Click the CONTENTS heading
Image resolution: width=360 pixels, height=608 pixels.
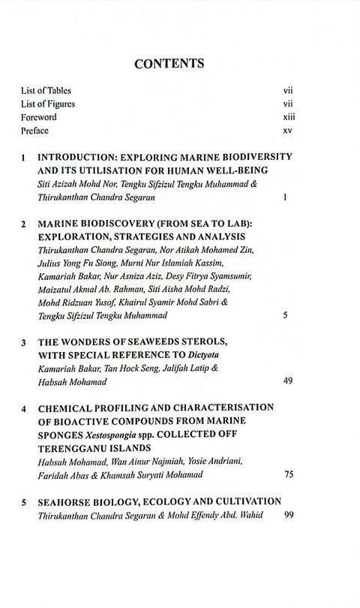point(180,65)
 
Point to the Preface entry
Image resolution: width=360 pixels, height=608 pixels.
point(35,131)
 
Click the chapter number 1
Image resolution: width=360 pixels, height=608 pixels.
point(24,160)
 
